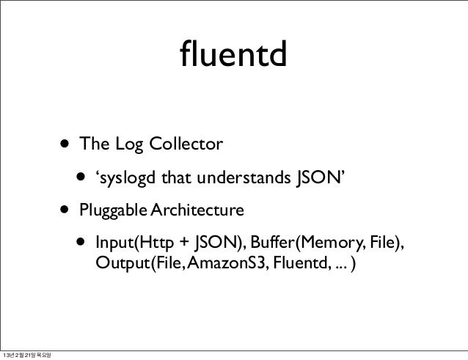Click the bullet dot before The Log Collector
[x=67, y=143]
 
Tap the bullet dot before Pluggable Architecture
[x=67, y=211]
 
